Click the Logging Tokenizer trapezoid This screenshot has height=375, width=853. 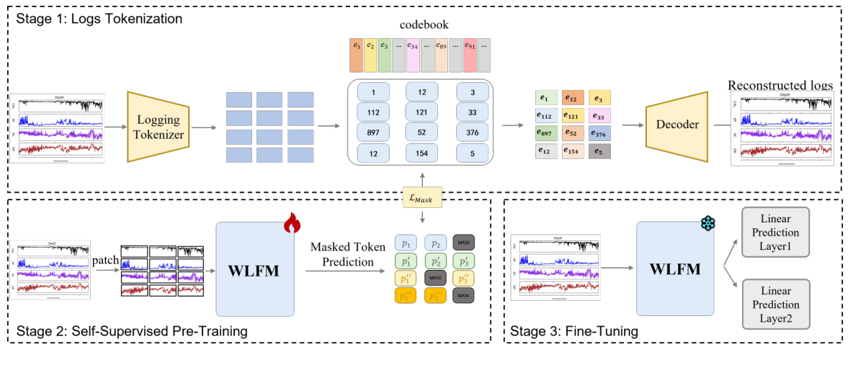pos(157,127)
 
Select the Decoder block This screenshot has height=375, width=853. pos(676,125)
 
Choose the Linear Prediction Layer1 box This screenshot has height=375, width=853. pos(776,232)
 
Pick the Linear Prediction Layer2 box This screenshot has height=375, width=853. pos(776,304)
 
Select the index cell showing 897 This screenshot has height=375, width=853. pos(372,132)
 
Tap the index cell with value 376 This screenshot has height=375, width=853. pos(472,132)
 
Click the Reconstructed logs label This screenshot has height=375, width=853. pos(780,85)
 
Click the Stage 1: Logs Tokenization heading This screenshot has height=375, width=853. pos(97,17)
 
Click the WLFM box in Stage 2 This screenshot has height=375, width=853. pos(255,268)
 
